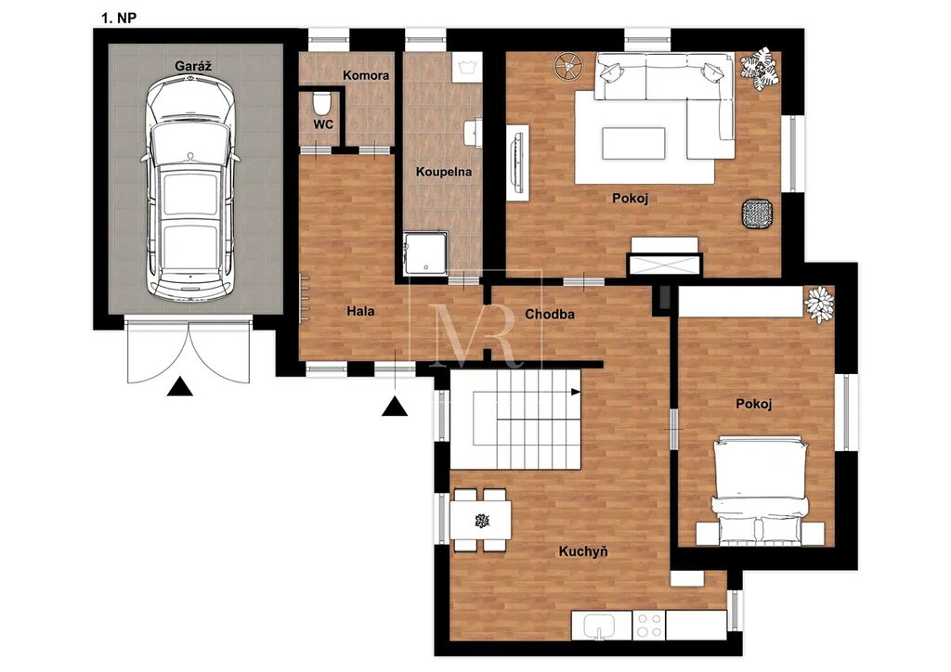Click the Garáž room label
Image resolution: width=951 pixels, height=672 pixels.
[193, 66]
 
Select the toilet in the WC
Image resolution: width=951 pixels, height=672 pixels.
[321, 102]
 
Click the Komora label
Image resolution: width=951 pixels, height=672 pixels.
[366, 75]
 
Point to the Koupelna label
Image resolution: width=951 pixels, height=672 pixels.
[443, 172]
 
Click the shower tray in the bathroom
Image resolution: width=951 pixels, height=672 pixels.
[425, 253]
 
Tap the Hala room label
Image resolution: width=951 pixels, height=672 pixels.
[360, 312]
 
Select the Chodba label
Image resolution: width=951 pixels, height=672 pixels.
[550, 315]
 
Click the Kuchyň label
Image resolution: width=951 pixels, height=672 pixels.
[583, 551]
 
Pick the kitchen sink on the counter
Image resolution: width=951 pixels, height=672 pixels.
[599, 624]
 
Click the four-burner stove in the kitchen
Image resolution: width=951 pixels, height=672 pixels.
[648, 625]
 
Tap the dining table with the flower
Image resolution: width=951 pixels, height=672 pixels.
[481, 521]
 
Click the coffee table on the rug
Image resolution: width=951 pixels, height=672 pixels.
[633, 143]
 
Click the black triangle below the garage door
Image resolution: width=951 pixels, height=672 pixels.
[179, 387]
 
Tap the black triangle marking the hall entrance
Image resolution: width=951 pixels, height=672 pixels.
[394, 407]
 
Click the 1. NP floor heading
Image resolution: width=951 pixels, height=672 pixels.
[119, 18]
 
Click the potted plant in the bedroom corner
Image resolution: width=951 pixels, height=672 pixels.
[819, 303]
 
